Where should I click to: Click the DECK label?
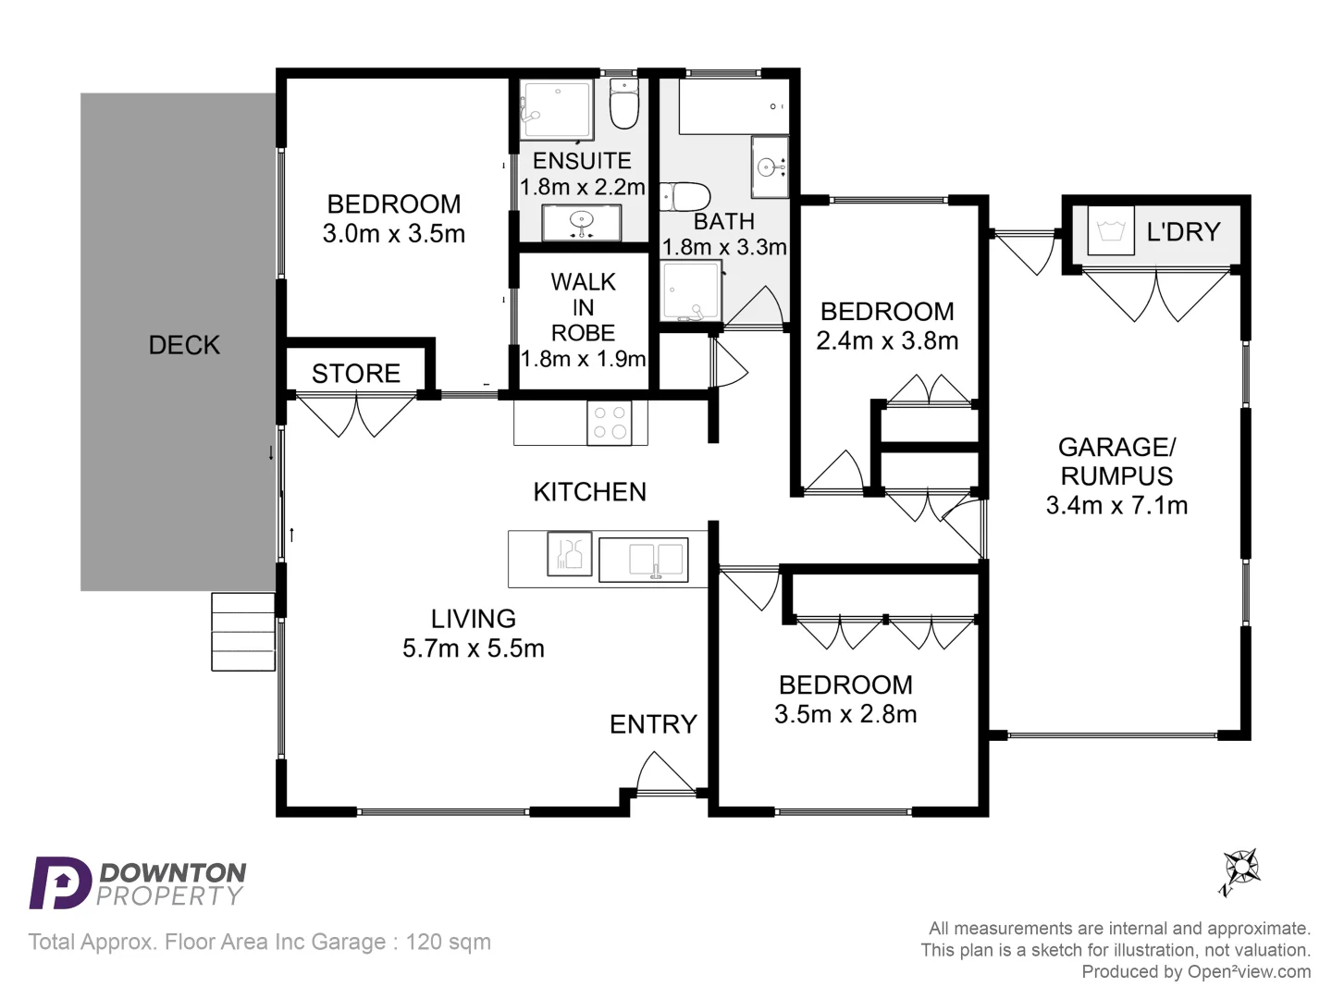click(184, 345)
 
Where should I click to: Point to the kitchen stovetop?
click(610, 423)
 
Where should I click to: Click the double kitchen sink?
click(644, 560)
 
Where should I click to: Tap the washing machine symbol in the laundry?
click(1110, 231)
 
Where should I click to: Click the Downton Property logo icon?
click(59, 883)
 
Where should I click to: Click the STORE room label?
click(356, 374)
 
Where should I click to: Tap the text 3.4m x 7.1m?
click(1116, 505)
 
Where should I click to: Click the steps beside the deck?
click(243, 631)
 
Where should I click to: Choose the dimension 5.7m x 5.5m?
click(473, 648)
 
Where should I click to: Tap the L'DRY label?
click(1183, 232)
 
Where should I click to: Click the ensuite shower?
click(555, 113)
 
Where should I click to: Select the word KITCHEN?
click(589, 492)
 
